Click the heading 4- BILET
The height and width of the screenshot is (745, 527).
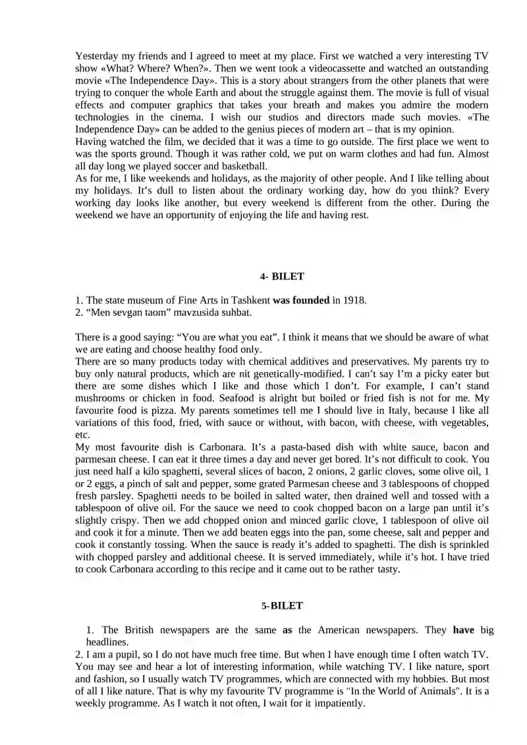pyautogui.click(x=282, y=277)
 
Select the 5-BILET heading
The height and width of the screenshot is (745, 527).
pyautogui.click(x=281, y=605)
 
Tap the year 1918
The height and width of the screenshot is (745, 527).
pyautogui.click(x=353, y=300)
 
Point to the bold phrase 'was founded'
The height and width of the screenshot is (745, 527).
pyautogui.click(x=301, y=300)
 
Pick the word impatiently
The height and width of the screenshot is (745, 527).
pyautogui.click(x=338, y=704)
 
